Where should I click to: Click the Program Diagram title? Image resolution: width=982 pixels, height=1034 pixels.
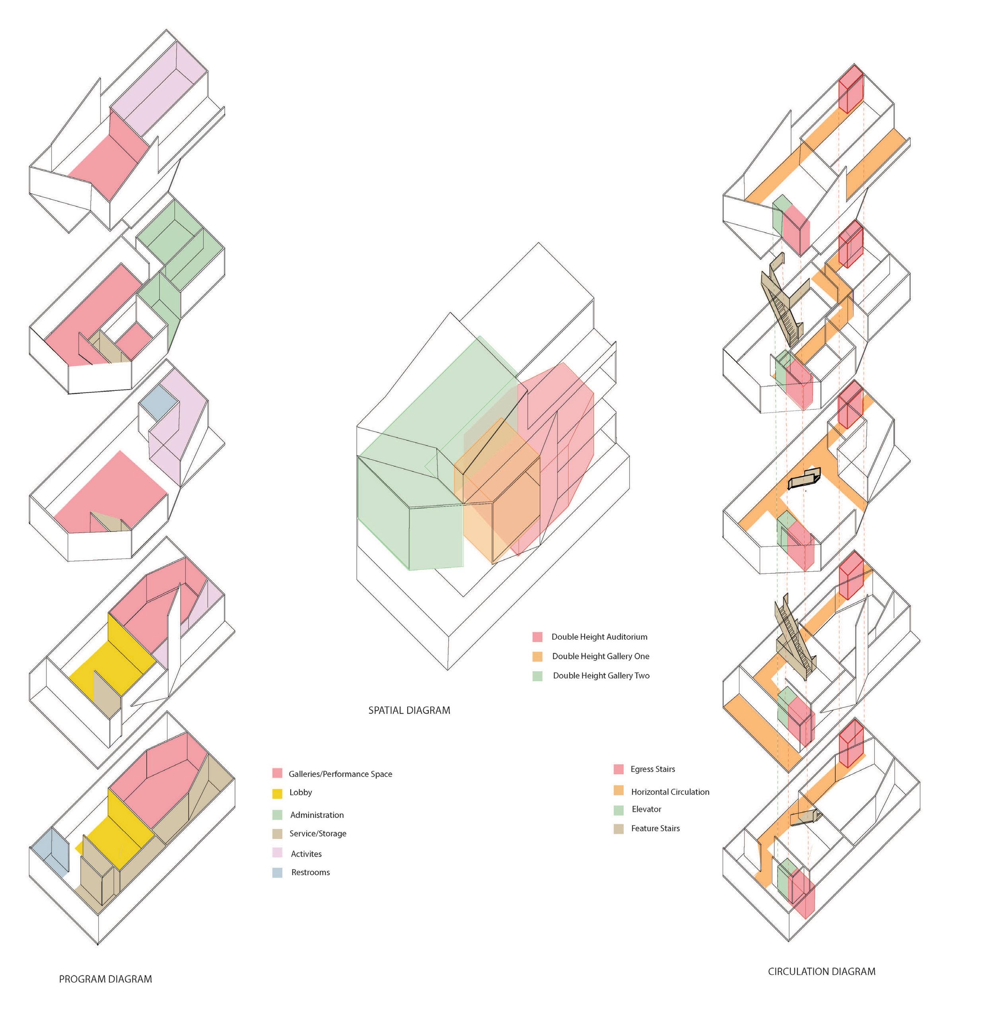point(105,979)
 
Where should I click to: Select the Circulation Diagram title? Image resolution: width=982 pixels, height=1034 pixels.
point(821,972)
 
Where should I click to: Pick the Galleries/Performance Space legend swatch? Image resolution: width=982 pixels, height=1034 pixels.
point(278,773)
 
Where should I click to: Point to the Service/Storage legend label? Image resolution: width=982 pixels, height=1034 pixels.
point(318,833)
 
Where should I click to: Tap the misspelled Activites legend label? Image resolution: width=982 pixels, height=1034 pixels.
point(306,854)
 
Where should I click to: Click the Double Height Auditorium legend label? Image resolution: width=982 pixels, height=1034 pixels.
point(599,637)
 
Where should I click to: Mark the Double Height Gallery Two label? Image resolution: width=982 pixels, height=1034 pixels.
point(601,676)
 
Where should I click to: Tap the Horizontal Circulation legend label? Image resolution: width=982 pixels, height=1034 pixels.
point(670,792)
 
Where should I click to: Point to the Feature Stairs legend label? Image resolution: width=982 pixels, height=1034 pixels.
point(655,828)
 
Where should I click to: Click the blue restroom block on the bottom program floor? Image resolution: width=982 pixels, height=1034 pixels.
point(50,851)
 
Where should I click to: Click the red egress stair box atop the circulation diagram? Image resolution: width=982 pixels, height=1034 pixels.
point(851,89)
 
